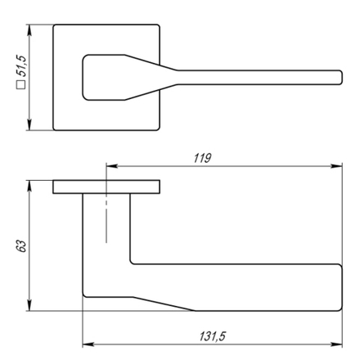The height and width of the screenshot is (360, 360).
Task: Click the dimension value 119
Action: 202,158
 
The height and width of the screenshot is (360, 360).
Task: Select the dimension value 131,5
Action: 213,336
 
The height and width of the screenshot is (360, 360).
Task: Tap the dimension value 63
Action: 21,246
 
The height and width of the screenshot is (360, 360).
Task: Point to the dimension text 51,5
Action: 21,65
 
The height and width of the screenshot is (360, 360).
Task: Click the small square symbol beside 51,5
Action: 21,84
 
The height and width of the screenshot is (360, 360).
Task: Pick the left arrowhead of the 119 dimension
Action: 112,166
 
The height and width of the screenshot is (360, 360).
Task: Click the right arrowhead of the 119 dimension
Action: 336,166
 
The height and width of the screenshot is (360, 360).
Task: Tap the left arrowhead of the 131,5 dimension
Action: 88,344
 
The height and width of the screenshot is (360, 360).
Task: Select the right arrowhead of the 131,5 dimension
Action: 336,344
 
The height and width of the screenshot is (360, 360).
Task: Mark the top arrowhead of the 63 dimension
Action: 29,186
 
